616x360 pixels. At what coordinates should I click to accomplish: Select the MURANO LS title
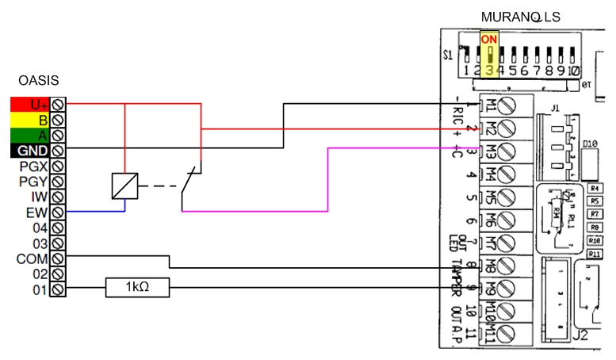520,17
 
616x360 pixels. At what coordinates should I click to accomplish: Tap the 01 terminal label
40,289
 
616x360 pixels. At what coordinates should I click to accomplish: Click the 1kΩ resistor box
138,289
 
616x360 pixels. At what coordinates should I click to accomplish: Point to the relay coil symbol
125,186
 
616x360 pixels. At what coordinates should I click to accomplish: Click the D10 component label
589,144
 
